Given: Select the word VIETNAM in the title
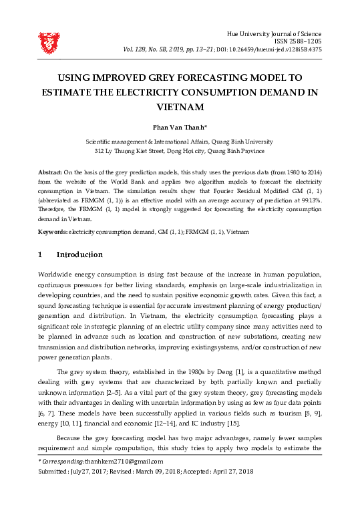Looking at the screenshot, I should point(180,106).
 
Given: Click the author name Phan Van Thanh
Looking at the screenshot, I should point(178,128).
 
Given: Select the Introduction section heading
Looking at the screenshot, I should point(79,254).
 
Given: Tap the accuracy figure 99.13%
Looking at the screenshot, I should point(309,199).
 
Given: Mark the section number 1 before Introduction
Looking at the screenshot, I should point(41,254).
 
